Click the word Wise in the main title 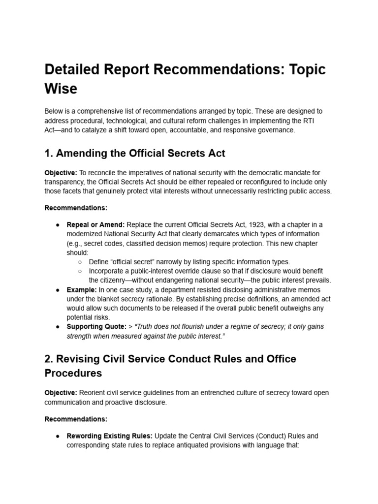61,89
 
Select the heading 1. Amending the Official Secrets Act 135,153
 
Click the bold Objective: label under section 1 60,173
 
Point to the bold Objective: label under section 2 60,392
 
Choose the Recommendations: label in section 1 76,208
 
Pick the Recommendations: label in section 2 76,419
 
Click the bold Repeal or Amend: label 95,224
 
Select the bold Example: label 82,290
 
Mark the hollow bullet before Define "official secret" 80,262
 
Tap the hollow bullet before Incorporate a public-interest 80,271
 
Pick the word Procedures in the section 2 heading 73,373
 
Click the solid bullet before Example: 58,290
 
